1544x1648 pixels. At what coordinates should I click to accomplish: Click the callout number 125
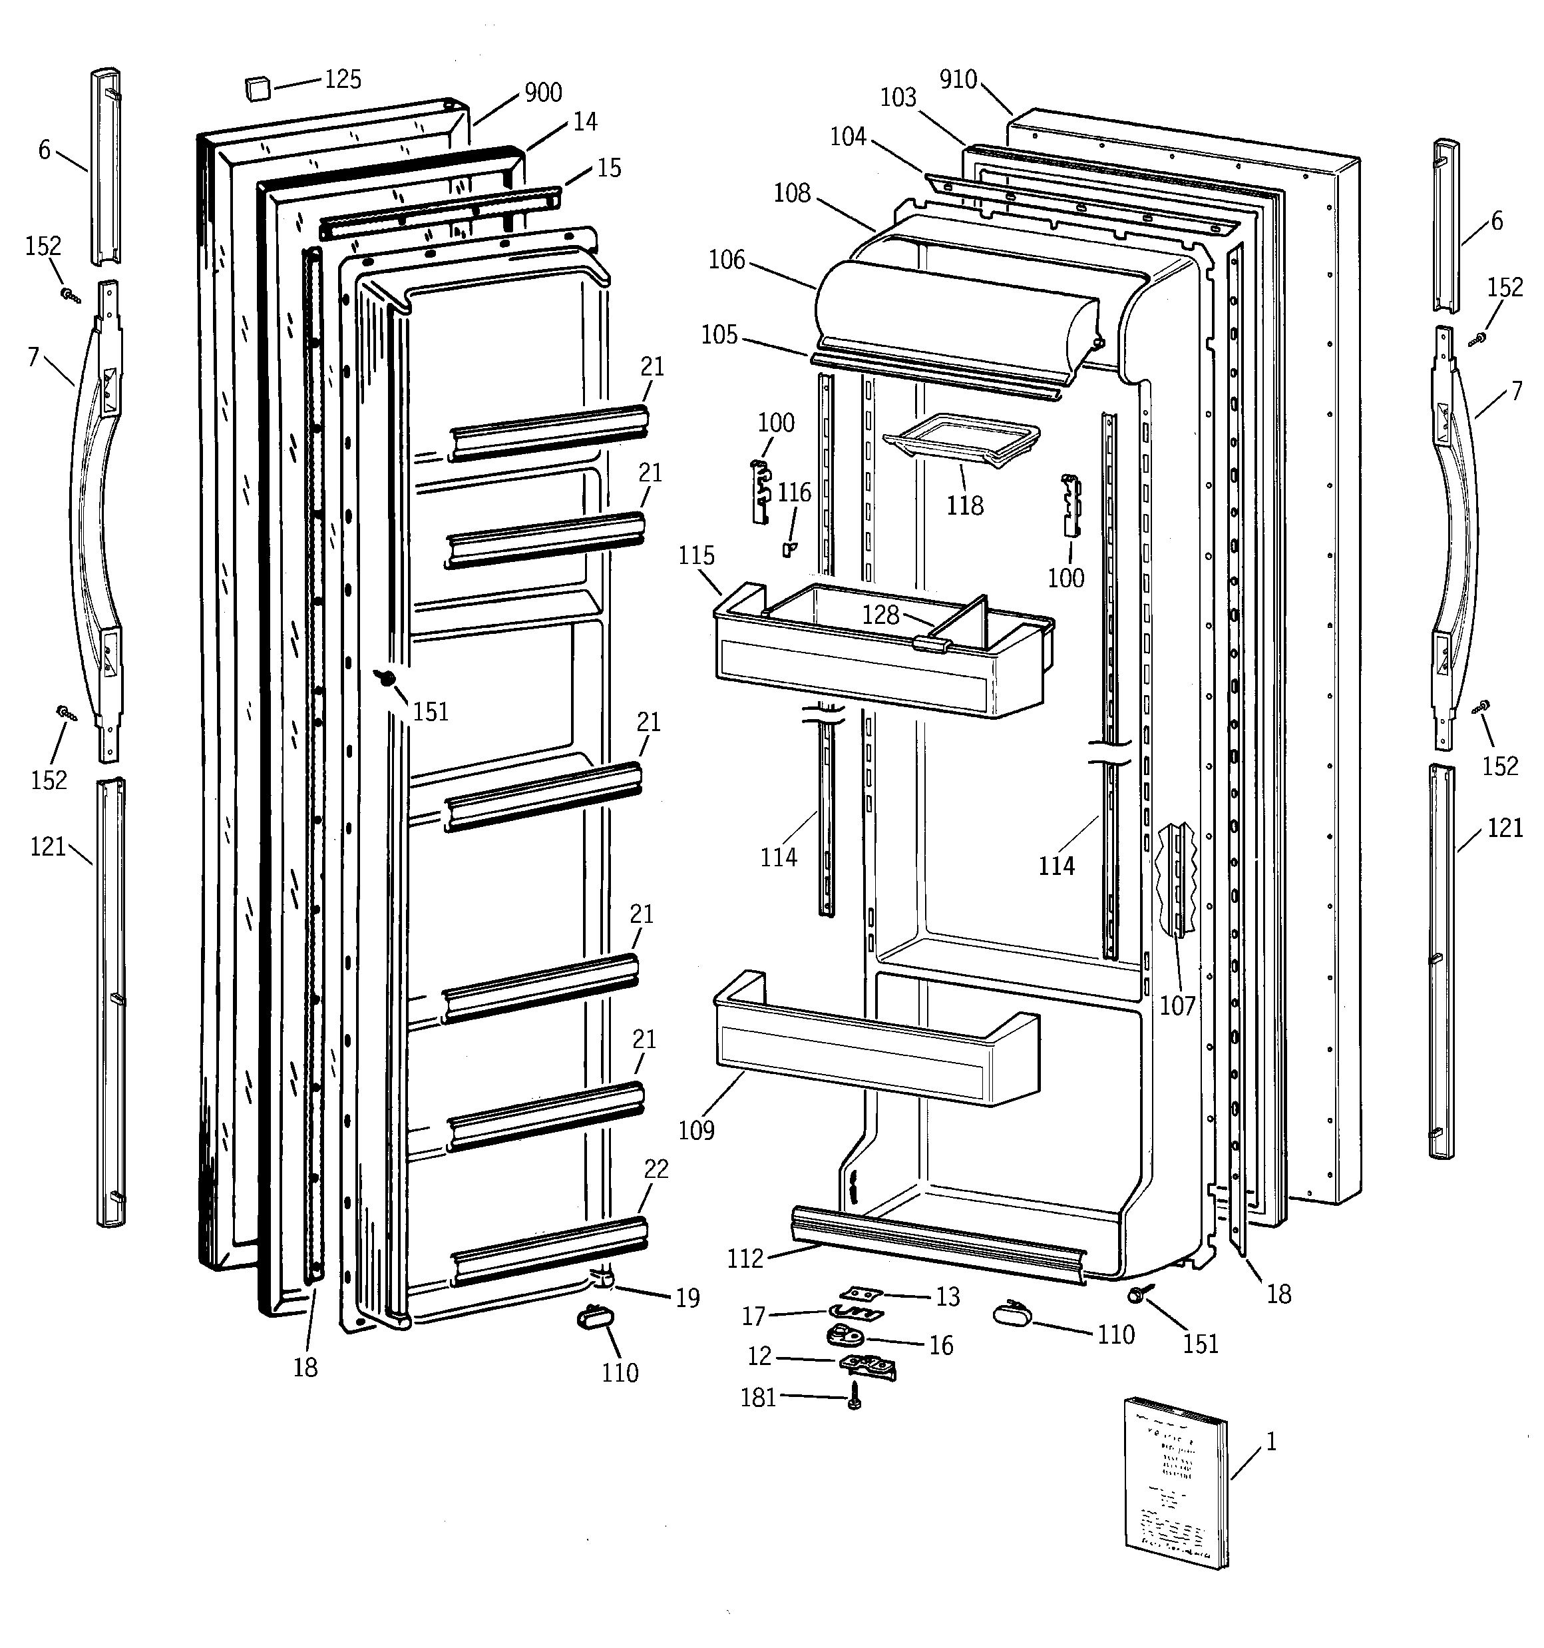click(x=342, y=80)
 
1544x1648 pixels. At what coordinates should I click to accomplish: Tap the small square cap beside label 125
click(x=258, y=87)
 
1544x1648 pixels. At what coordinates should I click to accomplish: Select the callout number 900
click(x=543, y=93)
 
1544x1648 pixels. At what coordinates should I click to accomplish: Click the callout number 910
click(x=958, y=80)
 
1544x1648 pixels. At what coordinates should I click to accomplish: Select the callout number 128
click(x=880, y=615)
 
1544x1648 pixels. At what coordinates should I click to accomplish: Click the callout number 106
click(x=727, y=260)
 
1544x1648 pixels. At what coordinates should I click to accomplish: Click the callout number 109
click(x=696, y=1130)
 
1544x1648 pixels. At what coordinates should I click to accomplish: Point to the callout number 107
click(x=1177, y=1005)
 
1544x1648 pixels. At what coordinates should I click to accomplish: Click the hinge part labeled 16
click(x=844, y=1334)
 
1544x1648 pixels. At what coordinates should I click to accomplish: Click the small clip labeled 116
click(x=788, y=548)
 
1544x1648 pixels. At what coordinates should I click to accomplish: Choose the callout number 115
click(x=696, y=555)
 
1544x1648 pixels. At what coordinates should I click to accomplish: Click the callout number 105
click(x=719, y=335)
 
